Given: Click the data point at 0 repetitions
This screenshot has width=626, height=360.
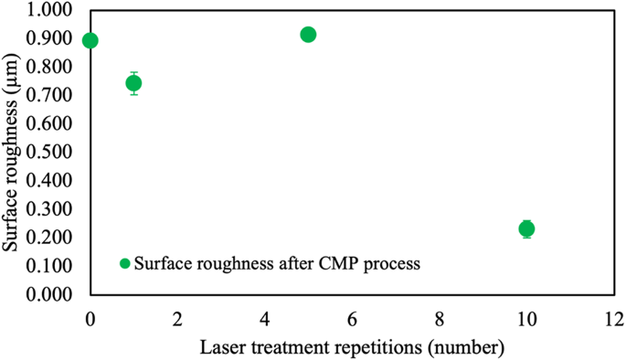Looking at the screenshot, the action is click(90, 40).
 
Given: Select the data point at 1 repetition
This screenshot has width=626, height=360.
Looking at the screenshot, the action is click(133, 83).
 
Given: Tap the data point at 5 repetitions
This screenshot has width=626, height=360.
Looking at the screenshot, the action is click(308, 35).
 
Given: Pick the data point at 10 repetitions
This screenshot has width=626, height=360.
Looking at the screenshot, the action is click(526, 228).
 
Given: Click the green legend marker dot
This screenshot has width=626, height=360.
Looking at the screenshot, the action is click(125, 264).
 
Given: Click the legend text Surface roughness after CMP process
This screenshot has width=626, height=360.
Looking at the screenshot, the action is click(276, 264).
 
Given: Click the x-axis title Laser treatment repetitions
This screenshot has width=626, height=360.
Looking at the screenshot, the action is click(351, 347).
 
